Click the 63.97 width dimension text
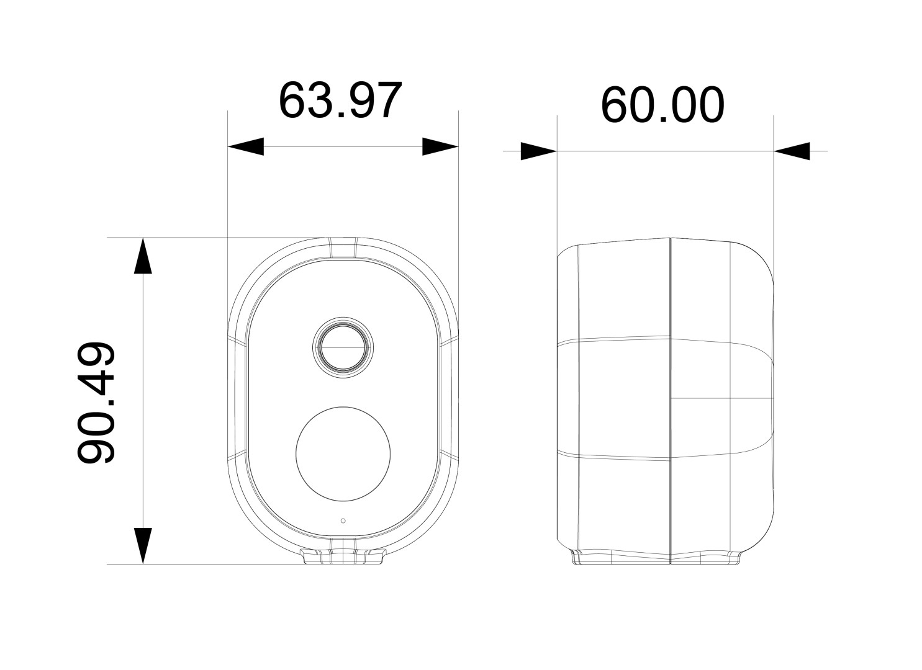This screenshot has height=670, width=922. coord(340,100)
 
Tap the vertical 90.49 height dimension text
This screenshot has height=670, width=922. coord(96,403)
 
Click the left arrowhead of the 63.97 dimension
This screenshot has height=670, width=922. coord(246,146)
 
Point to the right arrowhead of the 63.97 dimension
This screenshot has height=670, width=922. coord(440,146)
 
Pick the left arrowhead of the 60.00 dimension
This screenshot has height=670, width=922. coord(539,151)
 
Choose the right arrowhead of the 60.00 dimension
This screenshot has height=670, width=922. coord(792,151)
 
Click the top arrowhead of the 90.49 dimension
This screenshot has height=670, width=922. coord(143,256)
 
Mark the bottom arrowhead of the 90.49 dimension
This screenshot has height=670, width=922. coord(143,546)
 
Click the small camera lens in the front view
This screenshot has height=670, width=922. coord(343,347)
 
